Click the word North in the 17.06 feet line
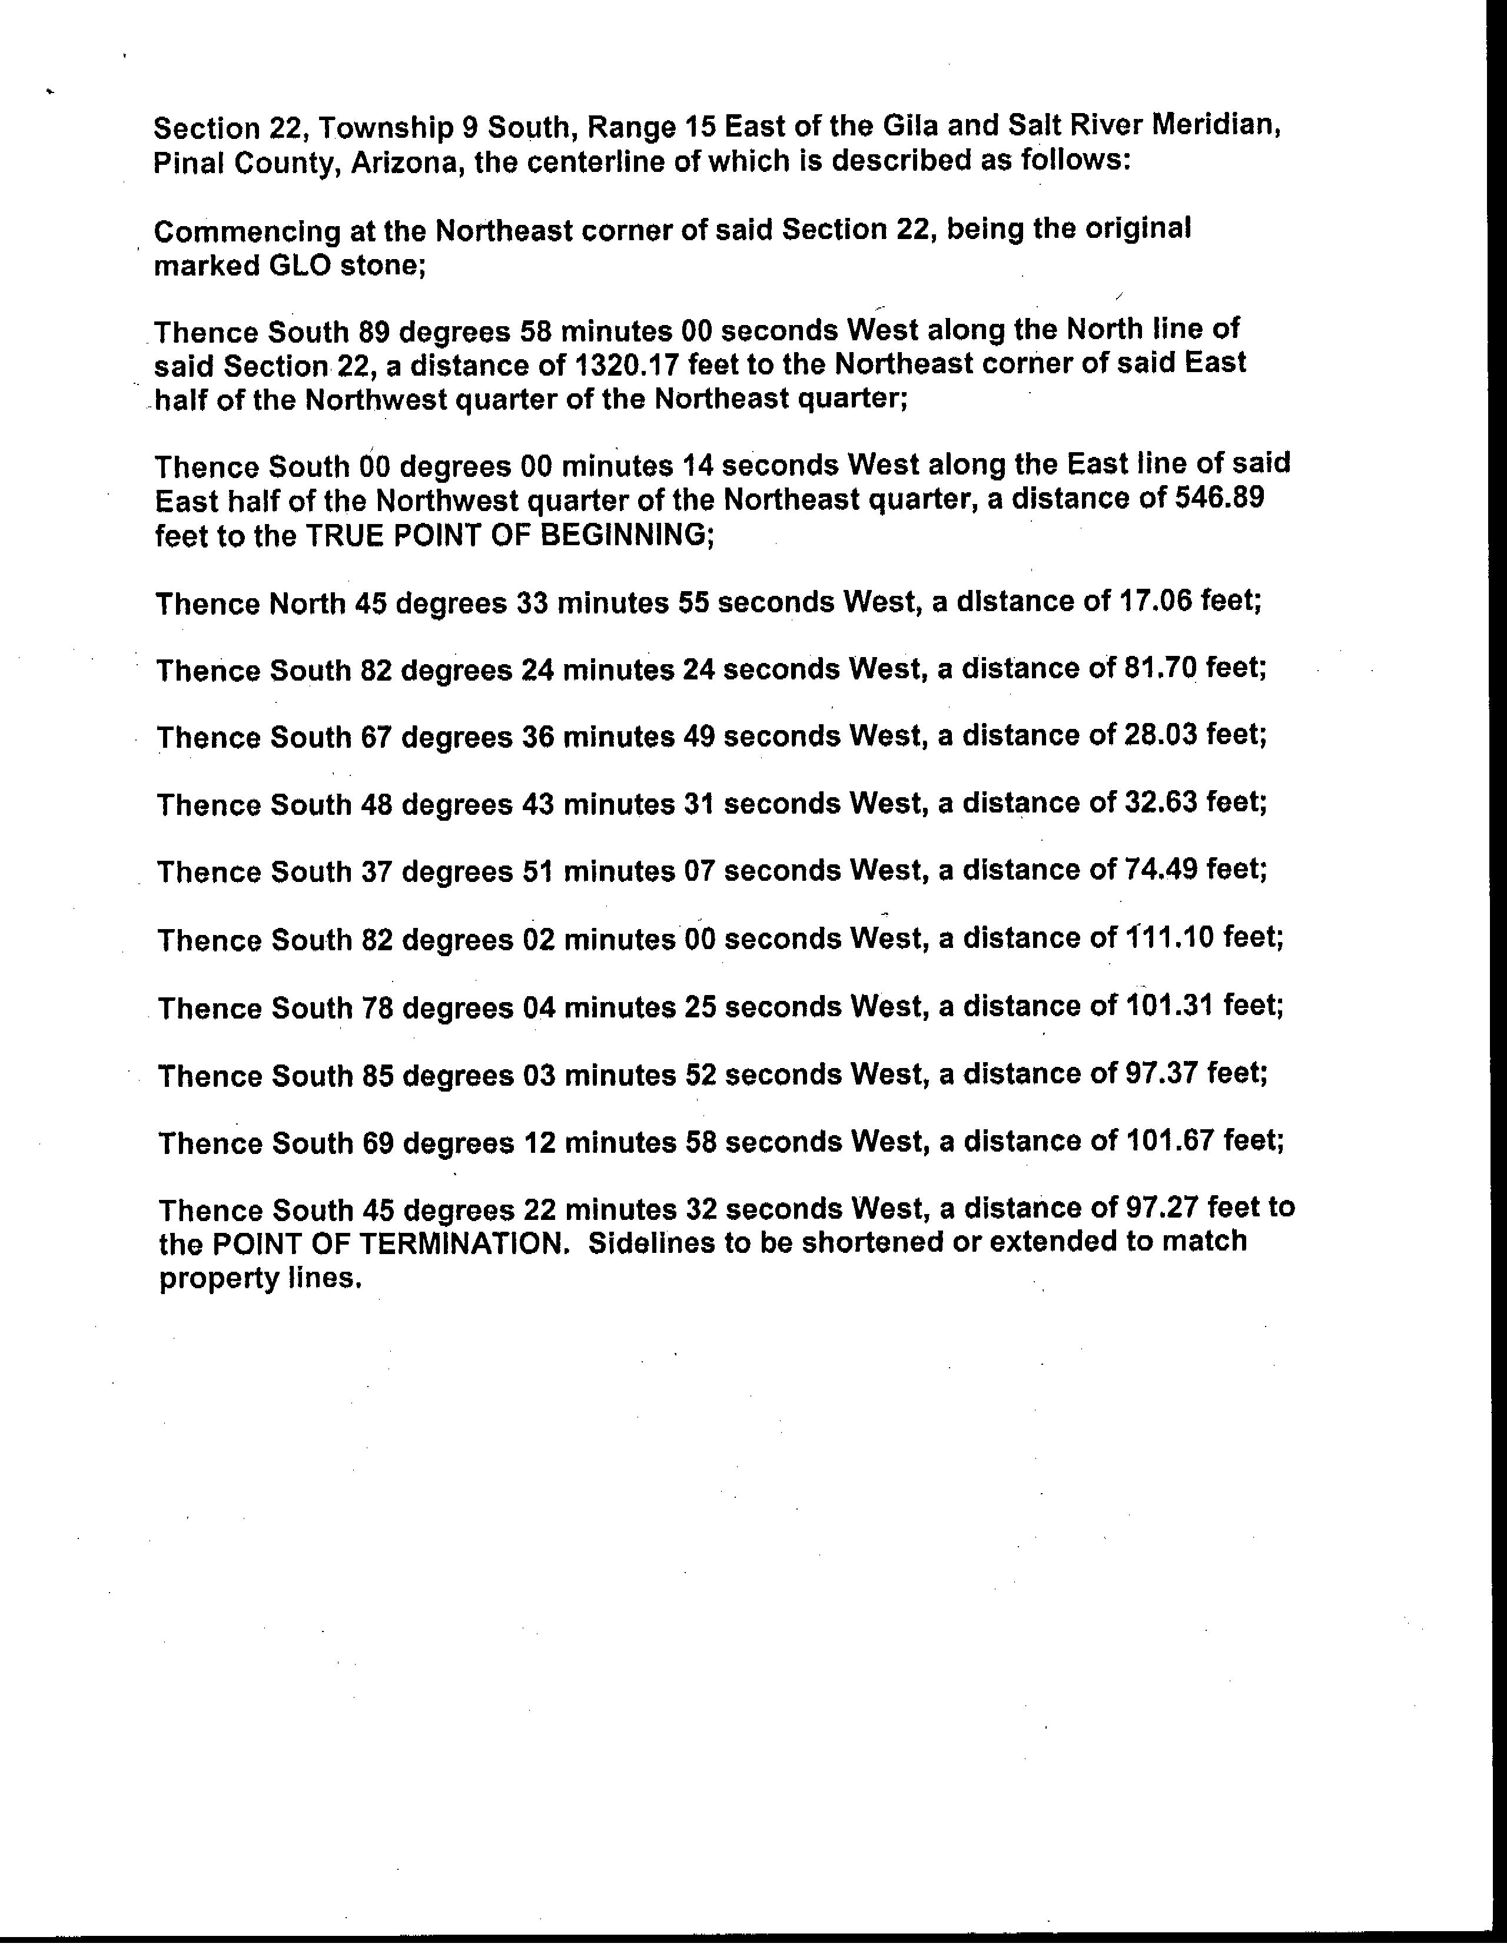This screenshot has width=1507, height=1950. tap(306, 605)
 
